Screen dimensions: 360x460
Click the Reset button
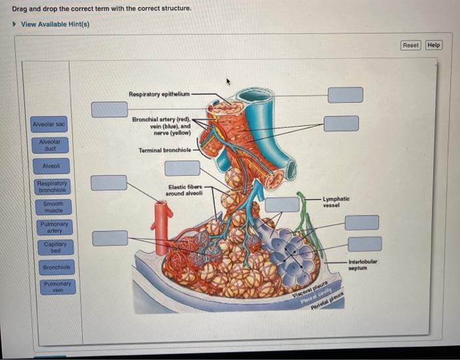click(x=411, y=45)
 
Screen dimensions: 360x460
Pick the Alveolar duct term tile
click(x=50, y=145)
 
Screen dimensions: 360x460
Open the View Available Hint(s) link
click(x=55, y=24)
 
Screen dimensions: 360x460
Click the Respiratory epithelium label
click(x=159, y=95)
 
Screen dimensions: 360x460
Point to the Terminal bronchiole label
click(x=164, y=150)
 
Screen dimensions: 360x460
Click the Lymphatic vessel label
click(x=336, y=202)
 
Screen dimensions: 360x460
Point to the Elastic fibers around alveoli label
click(x=185, y=191)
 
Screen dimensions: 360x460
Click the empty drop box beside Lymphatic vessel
click(x=282, y=204)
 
